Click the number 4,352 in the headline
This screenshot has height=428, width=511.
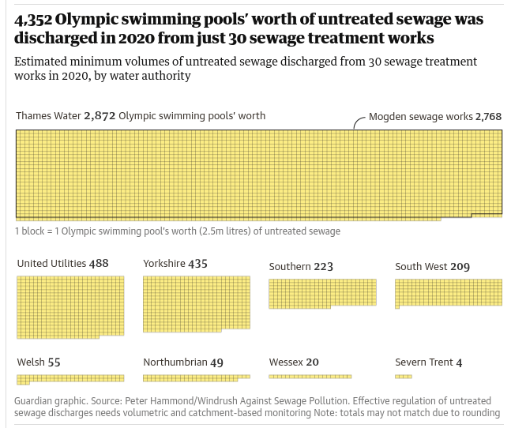pos(32,19)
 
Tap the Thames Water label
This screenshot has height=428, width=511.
pos(48,116)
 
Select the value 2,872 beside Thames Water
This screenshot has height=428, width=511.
pos(100,116)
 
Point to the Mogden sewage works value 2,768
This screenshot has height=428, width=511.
pos(488,117)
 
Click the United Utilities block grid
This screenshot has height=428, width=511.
pos(70,306)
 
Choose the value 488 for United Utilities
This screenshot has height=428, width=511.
pos(99,264)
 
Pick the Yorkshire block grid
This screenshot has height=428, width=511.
pos(196,303)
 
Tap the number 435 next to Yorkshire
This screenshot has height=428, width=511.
pos(197,264)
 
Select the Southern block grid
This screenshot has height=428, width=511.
pos(322,293)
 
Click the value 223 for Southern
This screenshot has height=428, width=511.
pos(323,267)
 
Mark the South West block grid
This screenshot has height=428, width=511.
pos(448,293)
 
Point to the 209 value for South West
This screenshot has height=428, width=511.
pos(460,267)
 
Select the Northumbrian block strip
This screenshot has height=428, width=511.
pos(196,378)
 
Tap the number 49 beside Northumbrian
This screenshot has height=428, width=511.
pos(216,362)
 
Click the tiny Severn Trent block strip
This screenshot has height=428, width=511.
pos(404,377)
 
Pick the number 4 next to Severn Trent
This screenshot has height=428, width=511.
pos(459,362)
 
